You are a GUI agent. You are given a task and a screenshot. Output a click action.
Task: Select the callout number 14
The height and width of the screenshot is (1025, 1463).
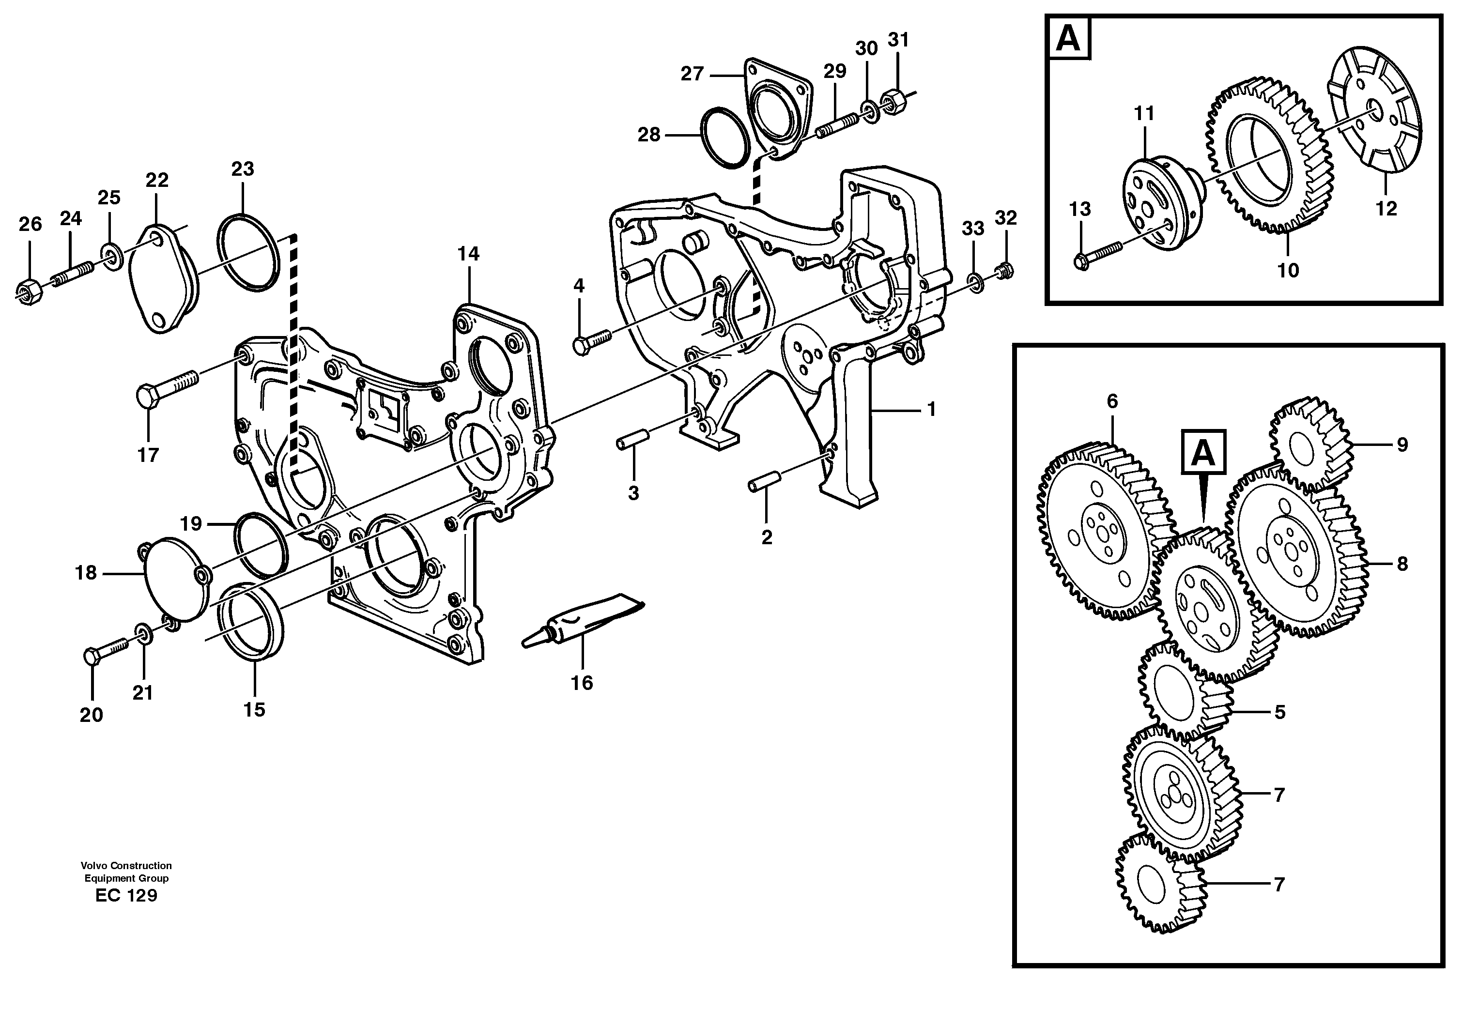pos(468,254)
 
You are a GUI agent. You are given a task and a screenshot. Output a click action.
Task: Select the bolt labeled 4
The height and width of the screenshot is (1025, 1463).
pos(592,340)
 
